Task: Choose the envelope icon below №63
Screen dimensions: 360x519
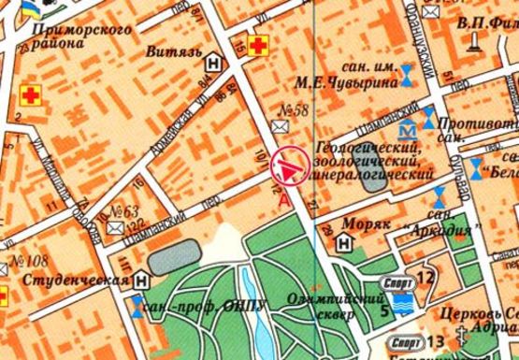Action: tap(114, 227)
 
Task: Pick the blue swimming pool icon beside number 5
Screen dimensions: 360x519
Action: tap(405, 303)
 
